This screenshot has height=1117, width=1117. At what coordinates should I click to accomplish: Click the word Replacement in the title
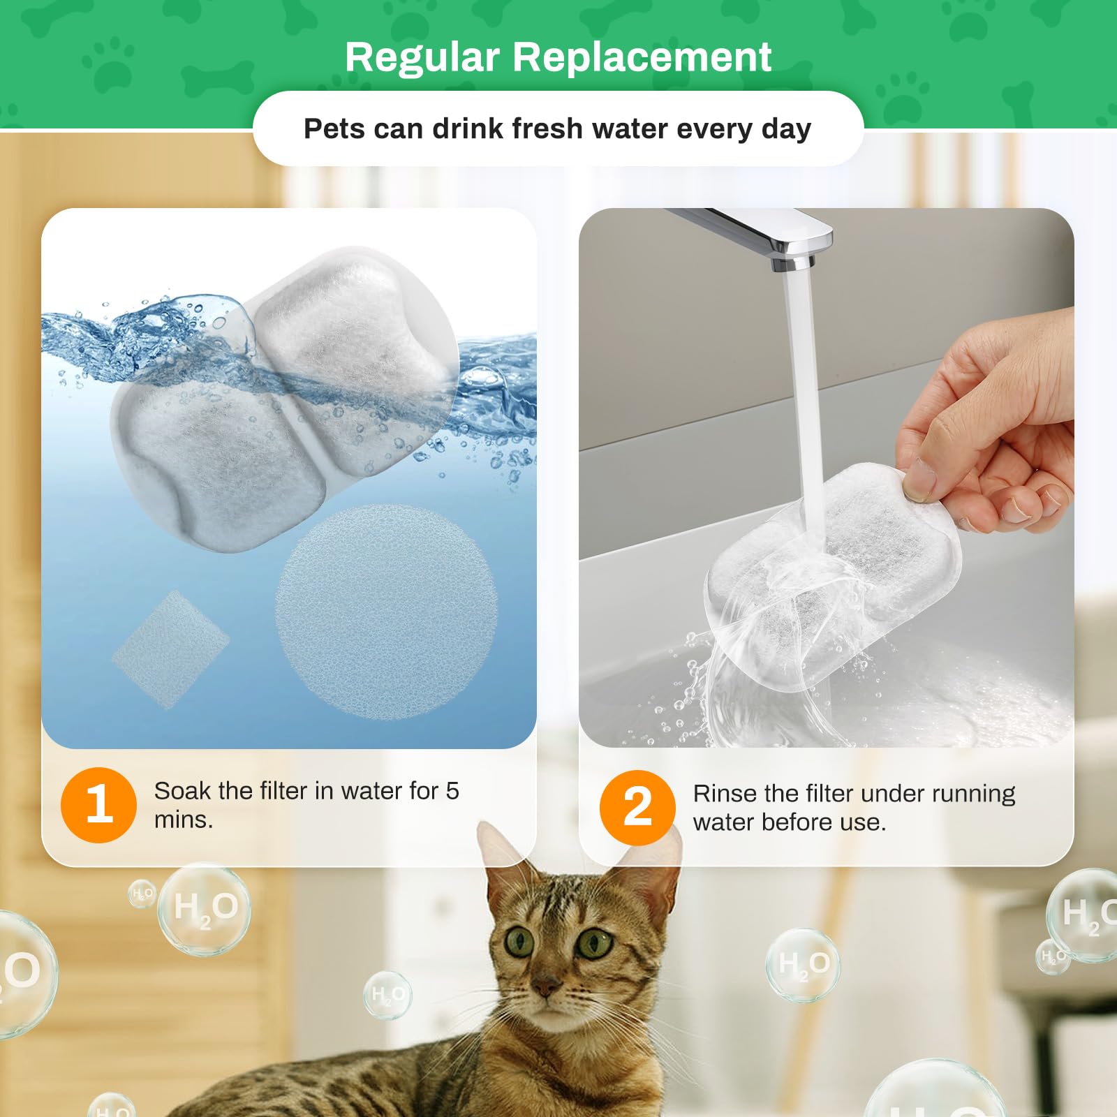pyautogui.click(x=642, y=57)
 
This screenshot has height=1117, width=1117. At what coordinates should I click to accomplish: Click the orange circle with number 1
pyautogui.click(x=98, y=805)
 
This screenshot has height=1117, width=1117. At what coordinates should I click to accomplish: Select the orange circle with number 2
pyautogui.click(x=637, y=808)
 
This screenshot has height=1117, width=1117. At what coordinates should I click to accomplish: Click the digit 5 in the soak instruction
pyautogui.click(x=452, y=791)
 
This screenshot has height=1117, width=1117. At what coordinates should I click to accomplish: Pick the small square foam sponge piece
pyautogui.click(x=170, y=649)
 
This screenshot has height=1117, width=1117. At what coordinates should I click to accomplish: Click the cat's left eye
pyautogui.click(x=519, y=942)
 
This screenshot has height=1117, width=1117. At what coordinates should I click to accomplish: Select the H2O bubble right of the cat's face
pyautogui.click(x=803, y=966)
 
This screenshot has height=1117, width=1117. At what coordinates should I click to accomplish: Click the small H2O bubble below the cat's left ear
pyautogui.click(x=387, y=994)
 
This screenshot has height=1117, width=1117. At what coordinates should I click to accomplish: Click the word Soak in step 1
pyautogui.click(x=182, y=791)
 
